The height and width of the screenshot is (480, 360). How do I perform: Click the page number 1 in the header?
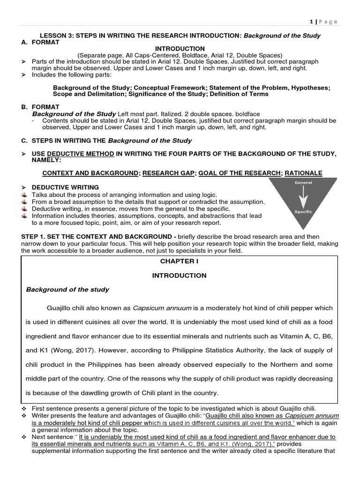311,22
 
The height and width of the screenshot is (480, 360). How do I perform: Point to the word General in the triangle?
303,182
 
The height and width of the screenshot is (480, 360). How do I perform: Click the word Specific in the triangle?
303,211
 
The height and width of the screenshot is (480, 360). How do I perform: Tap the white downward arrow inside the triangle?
303,197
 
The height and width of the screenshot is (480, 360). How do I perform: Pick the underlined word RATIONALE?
303,173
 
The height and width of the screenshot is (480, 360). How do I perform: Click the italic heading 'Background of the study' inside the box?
67,290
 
